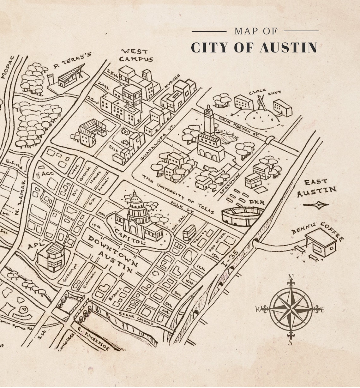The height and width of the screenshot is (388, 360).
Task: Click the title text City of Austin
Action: pyautogui.click(x=254, y=47)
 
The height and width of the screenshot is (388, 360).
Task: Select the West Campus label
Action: pyautogui.click(x=135, y=55)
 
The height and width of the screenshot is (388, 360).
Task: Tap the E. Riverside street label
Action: pyautogui.click(x=93, y=340)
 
